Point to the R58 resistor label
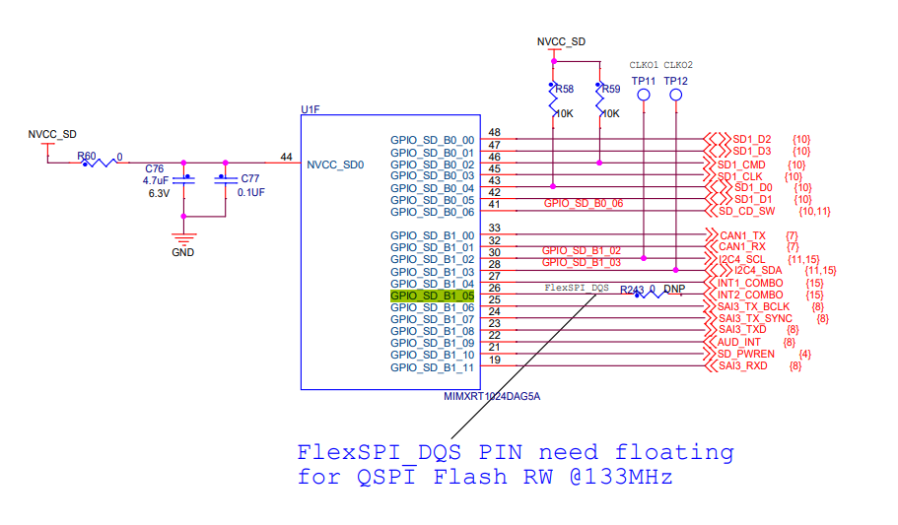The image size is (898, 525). (564, 90)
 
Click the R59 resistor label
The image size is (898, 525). (610, 90)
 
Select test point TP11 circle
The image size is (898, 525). (644, 96)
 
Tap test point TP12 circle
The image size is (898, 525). (676, 96)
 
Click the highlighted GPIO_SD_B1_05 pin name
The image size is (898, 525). (433, 295)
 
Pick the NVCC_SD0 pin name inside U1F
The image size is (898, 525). (335, 165)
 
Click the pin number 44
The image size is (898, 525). (286, 158)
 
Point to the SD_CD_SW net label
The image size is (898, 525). (746, 212)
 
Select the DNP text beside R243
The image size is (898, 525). (674, 290)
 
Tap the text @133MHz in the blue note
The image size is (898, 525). (624, 477)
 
